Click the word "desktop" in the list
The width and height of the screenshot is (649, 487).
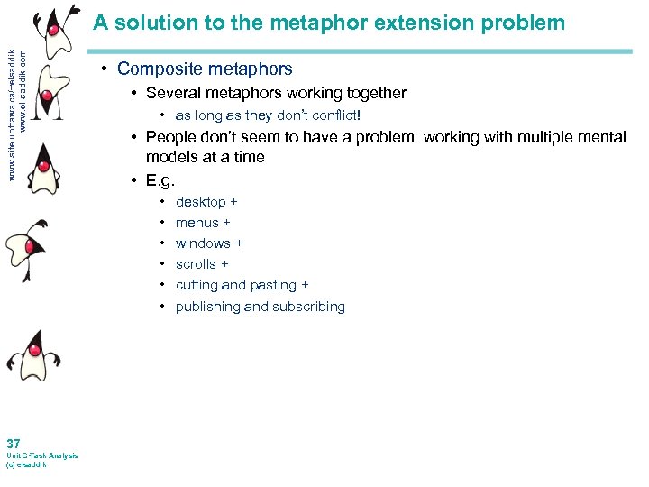pos(201,202)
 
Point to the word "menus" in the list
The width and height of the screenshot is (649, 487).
pos(197,223)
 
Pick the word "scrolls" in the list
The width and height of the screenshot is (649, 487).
pos(197,264)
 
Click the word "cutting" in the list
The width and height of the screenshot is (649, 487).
pos(197,285)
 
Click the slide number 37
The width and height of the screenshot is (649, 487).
pos(14,444)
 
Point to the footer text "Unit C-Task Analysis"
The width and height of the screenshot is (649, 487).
pos(41,455)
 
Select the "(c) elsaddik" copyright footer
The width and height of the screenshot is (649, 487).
pos(26,464)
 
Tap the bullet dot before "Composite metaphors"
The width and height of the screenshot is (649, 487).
pos(105,69)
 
